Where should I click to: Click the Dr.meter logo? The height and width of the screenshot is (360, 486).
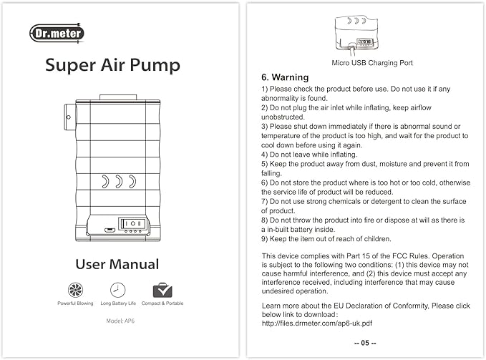tap(57, 33)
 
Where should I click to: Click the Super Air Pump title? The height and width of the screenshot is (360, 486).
tap(113, 65)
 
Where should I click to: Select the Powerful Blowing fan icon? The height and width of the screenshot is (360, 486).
tap(75, 290)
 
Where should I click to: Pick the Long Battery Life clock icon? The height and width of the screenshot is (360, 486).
tap(117, 290)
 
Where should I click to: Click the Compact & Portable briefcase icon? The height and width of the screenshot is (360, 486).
tap(162, 290)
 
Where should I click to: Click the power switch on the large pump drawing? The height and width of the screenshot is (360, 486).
tap(133, 223)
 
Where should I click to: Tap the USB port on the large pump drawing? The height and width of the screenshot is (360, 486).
tap(107, 230)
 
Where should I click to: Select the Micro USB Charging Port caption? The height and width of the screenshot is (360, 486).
tap(372, 63)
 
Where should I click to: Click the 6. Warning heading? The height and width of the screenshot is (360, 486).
tap(285, 77)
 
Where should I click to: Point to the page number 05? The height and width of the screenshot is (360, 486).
tap(365, 344)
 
